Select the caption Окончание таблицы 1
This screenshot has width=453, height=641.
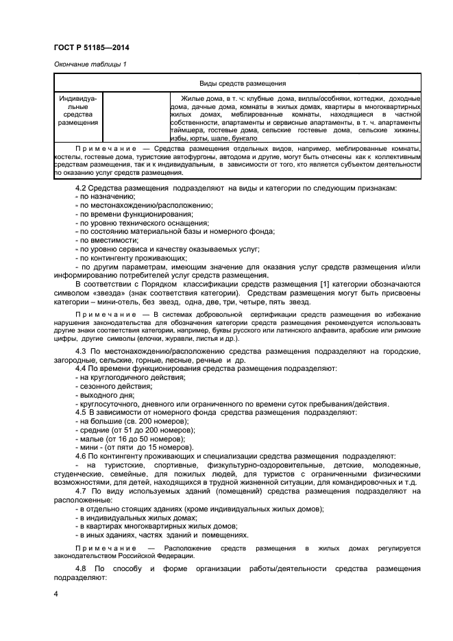click(90, 64)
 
